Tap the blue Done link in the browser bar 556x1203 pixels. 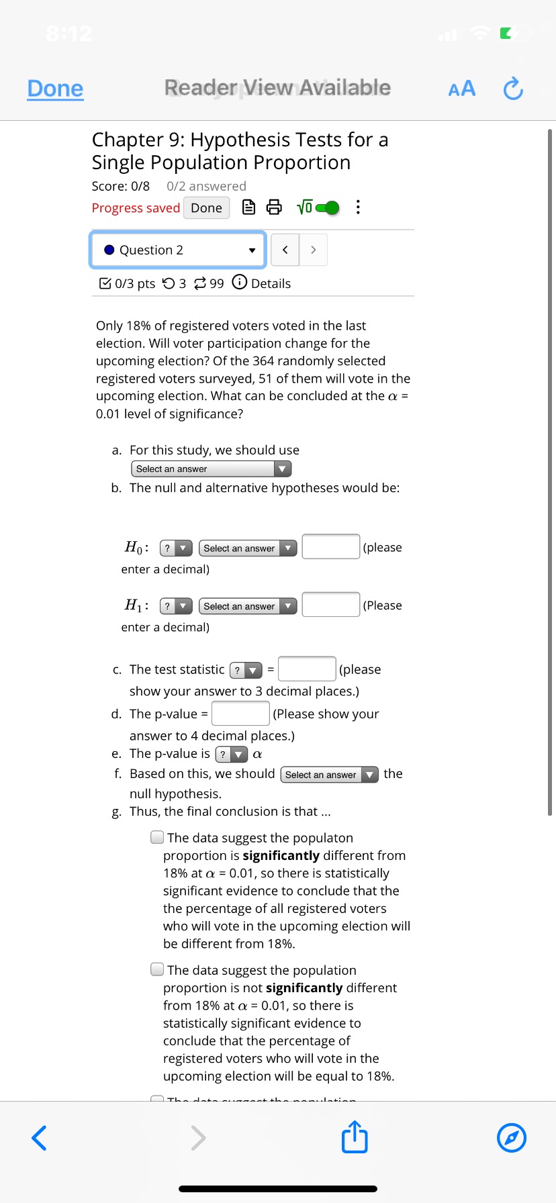(55, 89)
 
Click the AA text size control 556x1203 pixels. (462, 89)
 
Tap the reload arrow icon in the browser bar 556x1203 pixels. (513, 89)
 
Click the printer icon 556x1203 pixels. (274, 207)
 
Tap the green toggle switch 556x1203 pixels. (326, 207)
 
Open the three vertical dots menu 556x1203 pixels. (358, 207)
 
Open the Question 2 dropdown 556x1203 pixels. (179, 250)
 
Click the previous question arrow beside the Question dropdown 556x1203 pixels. (285, 250)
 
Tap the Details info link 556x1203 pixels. (262, 283)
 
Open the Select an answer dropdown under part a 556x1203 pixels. (211, 469)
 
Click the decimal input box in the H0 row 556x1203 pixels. (331, 546)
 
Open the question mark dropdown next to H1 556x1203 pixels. (176, 606)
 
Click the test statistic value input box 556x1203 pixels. (307, 669)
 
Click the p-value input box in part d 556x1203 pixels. (240, 713)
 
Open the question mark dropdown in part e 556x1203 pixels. (231, 755)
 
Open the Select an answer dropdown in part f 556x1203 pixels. (329, 775)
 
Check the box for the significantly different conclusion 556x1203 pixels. (157, 837)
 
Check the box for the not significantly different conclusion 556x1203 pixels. (157, 969)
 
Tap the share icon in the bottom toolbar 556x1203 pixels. (355, 1138)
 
